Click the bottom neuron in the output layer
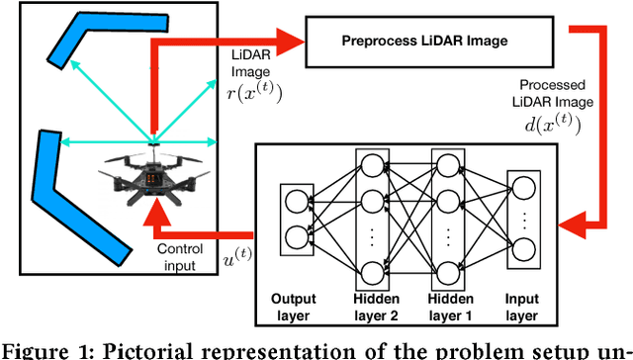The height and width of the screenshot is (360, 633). [295, 236]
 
